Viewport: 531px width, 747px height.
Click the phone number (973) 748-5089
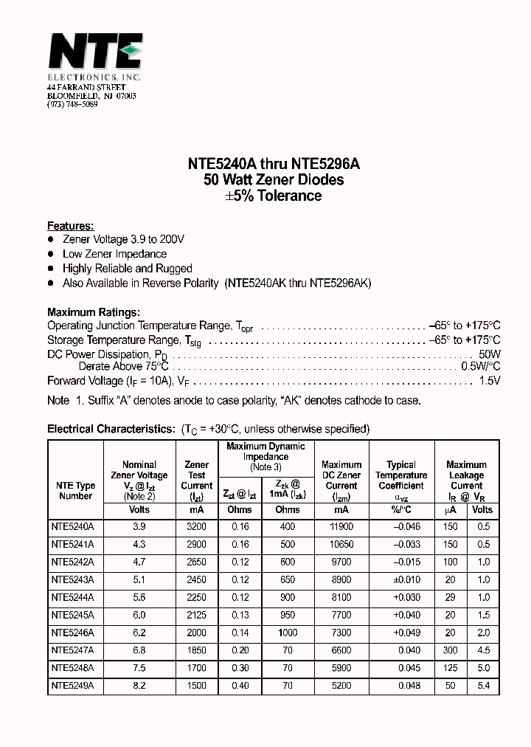pyautogui.click(x=72, y=104)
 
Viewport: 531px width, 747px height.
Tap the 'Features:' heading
pyautogui.click(x=70, y=226)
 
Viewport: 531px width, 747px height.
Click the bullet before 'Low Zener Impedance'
pyautogui.click(x=51, y=254)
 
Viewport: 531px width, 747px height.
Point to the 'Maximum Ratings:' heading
pyautogui.click(x=93, y=312)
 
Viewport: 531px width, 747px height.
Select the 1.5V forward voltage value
pyautogui.click(x=489, y=381)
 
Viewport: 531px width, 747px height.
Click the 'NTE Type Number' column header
pyautogui.click(x=75, y=491)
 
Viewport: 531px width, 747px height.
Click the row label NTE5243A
pyautogui.click(x=74, y=579)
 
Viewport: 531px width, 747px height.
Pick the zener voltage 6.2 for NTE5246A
pyautogui.click(x=139, y=633)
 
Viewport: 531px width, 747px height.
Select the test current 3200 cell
pyautogui.click(x=196, y=526)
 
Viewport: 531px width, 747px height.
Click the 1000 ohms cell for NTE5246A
pyautogui.click(x=288, y=633)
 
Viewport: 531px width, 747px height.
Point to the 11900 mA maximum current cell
pyautogui.click(x=341, y=526)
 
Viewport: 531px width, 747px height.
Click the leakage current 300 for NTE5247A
pyautogui.click(x=450, y=650)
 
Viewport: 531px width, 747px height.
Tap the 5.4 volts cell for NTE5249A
pyautogui.click(x=482, y=686)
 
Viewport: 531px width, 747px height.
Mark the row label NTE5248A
pyautogui.click(x=74, y=668)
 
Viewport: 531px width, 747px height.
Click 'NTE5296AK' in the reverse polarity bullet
pyautogui.click(x=340, y=283)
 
